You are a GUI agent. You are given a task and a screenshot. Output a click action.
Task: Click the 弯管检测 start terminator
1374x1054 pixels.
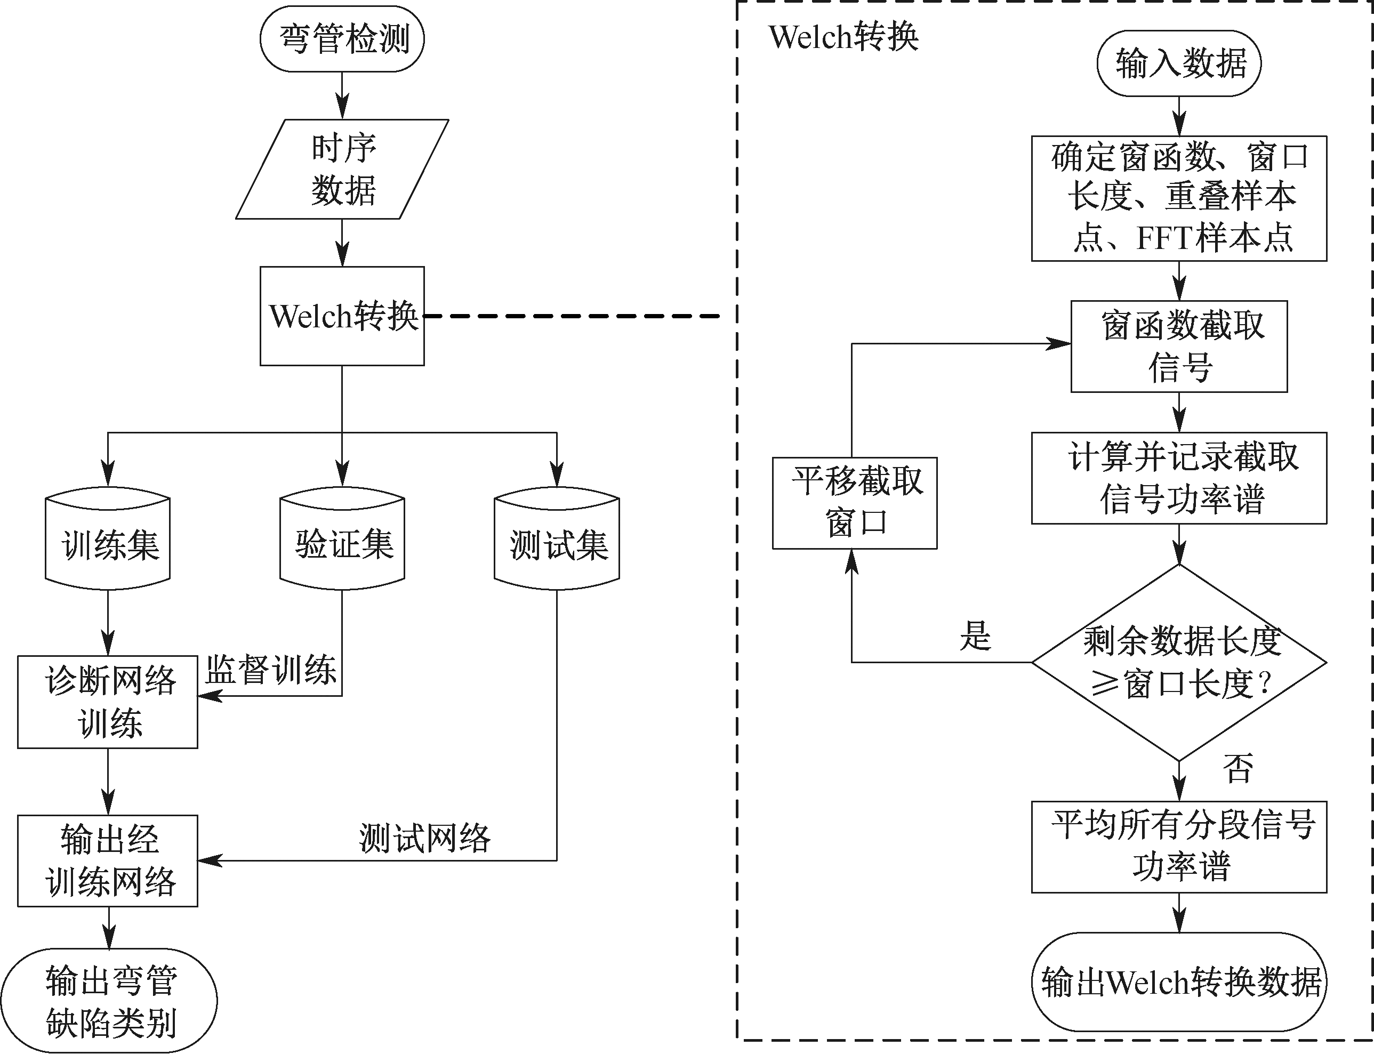pos(342,39)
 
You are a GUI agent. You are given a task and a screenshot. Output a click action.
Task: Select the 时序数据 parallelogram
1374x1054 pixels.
pos(342,169)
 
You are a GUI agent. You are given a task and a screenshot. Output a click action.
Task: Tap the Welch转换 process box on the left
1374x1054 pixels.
pos(342,316)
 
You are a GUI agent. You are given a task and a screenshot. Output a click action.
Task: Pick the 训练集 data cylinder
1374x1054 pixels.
pos(108,541)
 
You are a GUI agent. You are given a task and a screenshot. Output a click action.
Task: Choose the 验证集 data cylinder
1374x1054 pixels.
pos(342,541)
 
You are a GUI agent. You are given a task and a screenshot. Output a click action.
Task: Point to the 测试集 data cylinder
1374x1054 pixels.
pos(557,541)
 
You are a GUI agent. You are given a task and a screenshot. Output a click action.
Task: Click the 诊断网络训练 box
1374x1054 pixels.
pos(108,702)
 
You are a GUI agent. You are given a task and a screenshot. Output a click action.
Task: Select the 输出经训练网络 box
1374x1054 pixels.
pos(108,861)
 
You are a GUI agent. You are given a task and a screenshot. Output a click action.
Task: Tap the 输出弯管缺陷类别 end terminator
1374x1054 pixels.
pos(109,1001)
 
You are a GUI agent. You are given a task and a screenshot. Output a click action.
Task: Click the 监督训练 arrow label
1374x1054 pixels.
pos(271,670)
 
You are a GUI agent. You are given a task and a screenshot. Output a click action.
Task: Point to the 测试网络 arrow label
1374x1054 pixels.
pos(425,838)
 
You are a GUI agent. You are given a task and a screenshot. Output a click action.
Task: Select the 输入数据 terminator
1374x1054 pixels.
pos(1179,63)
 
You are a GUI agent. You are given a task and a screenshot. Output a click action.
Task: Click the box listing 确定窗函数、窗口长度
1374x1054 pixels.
pos(1179,198)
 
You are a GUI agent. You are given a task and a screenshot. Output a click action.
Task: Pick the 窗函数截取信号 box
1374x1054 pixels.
pos(1179,347)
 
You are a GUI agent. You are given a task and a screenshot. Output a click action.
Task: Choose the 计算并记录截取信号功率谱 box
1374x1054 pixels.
pos(1179,478)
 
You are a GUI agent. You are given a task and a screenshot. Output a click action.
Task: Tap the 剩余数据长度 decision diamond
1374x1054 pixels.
pos(1179,662)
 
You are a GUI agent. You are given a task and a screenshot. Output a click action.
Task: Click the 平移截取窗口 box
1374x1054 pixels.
pos(855,503)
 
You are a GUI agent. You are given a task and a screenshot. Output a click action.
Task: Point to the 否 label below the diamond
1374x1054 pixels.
pos(1237,769)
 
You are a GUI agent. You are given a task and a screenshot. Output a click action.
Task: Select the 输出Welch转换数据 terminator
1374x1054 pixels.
pos(1179,982)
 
